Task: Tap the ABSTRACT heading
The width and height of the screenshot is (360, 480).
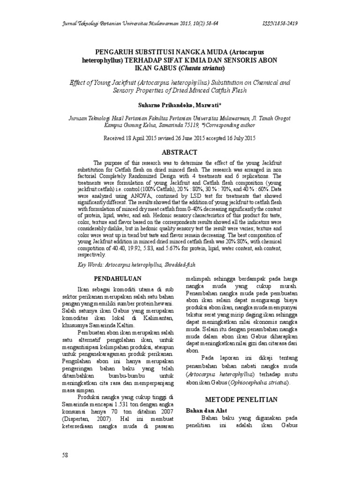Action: point(180,152)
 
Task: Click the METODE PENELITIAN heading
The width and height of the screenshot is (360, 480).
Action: point(242,399)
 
